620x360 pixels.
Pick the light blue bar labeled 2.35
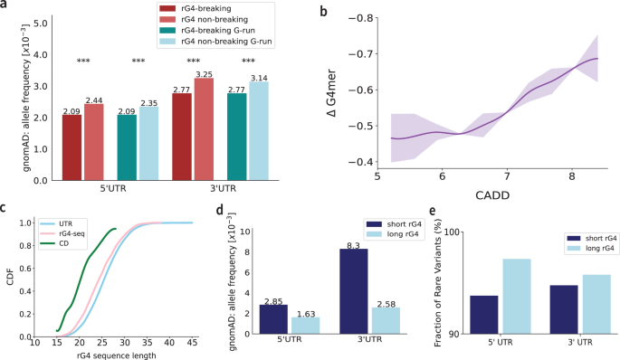[x=151, y=144]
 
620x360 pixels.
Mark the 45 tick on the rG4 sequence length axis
[x=191, y=345]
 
